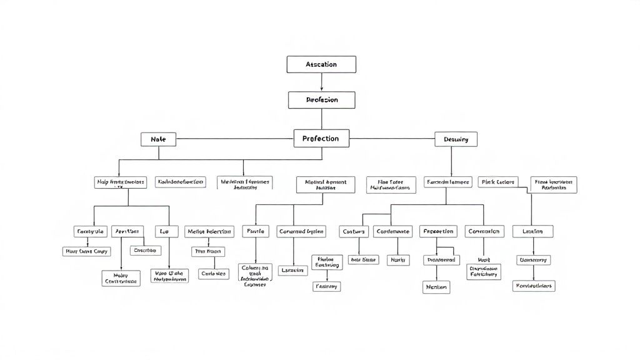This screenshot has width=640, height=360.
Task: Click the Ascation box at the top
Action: point(321,64)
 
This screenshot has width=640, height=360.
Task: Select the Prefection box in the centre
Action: point(321,138)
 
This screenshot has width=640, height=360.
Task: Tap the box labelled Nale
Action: point(158,139)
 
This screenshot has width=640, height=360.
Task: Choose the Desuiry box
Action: point(456,139)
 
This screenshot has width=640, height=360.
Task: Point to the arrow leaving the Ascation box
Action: point(321,82)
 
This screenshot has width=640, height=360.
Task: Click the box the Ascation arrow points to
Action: point(321,100)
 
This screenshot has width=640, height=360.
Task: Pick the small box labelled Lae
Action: point(164,231)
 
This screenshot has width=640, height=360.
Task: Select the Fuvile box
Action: point(256,231)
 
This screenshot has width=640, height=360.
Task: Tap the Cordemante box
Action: point(392,231)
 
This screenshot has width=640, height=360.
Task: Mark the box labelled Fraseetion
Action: point(438,231)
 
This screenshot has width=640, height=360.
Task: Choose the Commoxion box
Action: point(484,231)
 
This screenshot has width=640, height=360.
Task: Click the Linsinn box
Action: point(532,231)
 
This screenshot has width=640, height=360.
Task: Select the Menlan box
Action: point(436,287)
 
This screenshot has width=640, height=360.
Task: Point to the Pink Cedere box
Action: point(498,182)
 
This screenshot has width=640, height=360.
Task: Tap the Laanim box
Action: point(292,270)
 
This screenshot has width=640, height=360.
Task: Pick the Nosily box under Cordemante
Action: point(398,259)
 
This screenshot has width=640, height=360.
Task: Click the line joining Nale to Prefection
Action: point(234,139)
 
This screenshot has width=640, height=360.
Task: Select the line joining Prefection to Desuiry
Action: point(392,138)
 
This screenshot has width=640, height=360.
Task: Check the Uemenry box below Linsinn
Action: point(533,259)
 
